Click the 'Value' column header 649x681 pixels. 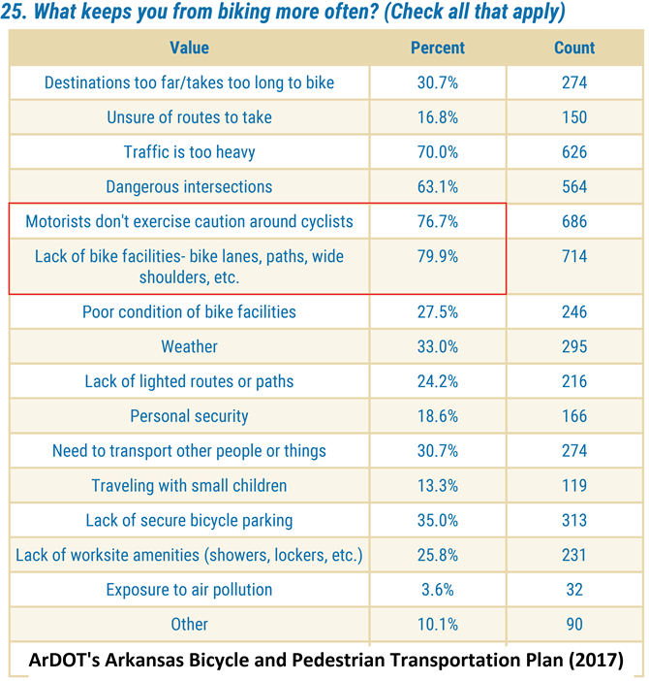[x=189, y=48]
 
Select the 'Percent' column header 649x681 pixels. [x=438, y=48]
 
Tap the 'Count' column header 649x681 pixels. [x=574, y=48]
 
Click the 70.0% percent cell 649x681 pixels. [x=438, y=152]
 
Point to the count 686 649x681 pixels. [x=574, y=221]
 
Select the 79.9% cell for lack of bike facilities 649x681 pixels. [x=438, y=256]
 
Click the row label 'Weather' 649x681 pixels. [x=189, y=346]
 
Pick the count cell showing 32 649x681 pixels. [x=574, y=590]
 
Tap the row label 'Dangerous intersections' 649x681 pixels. [x=189, y=186]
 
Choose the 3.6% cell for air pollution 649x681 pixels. [x=438, y=590]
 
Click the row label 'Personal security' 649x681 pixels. [x=189, y=416]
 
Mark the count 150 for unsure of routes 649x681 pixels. [x=574, y=117]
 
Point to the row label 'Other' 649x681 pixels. [x=189, y=624]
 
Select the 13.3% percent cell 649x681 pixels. [x=438, y=485]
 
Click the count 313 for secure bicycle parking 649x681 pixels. [x=574, y=520]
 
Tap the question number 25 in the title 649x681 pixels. [x=20, y=14]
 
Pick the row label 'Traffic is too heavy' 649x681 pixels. [x=189, y=152]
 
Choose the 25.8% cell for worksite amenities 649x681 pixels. [x=438, y=555]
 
